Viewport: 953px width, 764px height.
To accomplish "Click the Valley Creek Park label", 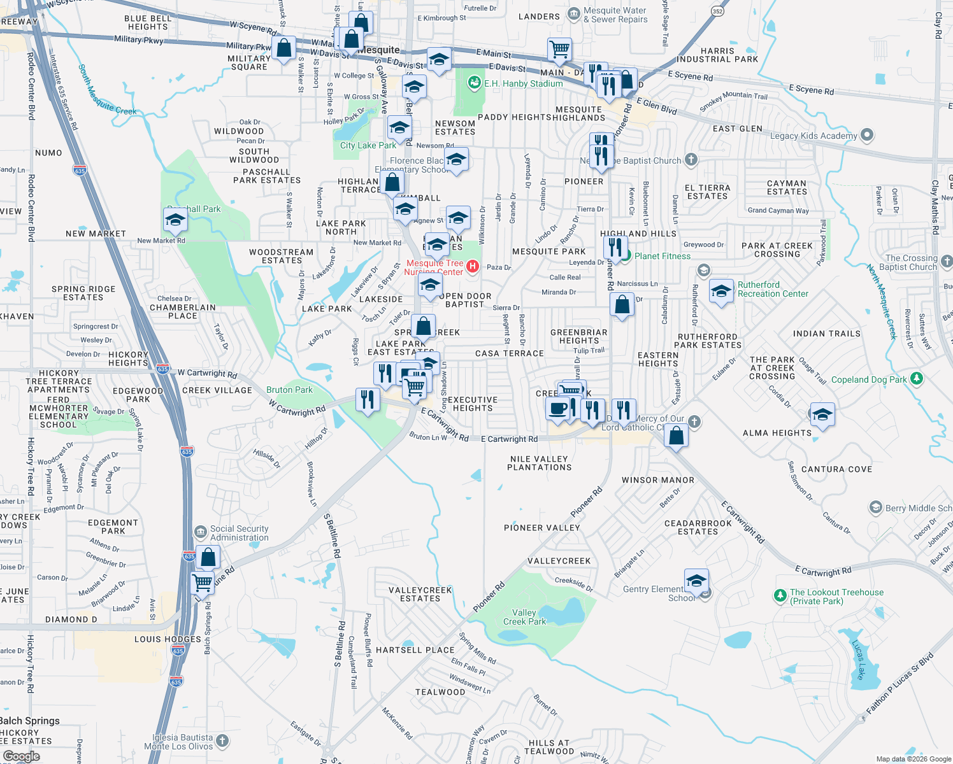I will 524,617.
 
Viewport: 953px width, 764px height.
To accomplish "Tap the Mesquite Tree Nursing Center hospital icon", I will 473,266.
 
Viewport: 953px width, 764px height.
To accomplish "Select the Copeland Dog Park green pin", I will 916,379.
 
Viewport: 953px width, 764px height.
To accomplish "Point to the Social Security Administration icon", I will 201,532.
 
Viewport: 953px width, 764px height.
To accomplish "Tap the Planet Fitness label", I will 663,256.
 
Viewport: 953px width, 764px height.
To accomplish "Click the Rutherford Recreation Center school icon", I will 720,292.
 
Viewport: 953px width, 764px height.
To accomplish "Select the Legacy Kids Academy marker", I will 866,135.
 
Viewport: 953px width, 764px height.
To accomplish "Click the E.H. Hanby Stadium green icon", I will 474,83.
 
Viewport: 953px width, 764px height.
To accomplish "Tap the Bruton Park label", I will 289,390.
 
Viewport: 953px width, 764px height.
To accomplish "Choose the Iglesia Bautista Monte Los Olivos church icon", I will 222,740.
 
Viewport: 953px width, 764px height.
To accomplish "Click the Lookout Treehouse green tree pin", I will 780,595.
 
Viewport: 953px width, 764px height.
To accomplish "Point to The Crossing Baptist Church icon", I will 947,261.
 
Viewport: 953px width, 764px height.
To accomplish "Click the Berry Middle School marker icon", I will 876,507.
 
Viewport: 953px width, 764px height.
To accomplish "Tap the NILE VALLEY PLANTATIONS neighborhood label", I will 539,463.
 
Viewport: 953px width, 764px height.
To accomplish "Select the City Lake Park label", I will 368,145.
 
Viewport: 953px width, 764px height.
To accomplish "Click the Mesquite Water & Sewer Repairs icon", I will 574,13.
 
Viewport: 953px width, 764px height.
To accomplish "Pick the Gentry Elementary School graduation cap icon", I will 696,581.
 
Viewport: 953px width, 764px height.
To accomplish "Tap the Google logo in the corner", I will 21,756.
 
